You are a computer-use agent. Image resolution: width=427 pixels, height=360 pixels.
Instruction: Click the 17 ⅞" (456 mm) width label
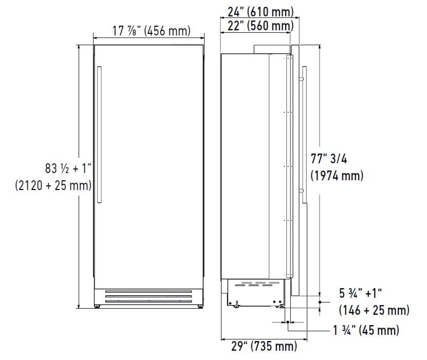pos(152,30)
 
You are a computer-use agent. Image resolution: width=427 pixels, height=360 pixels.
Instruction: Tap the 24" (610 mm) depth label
pos(261,12)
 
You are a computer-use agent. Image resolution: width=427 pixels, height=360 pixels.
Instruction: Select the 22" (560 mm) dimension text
pos(261,26)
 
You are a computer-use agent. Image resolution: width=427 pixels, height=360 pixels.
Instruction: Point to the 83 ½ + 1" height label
pos(68,168)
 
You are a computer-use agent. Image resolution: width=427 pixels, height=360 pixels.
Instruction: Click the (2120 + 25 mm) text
pos(53,185)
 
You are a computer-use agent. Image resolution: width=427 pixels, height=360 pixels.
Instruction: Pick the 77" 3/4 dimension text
pos(329,159)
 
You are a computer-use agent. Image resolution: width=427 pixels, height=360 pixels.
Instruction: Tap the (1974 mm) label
pos(337,176)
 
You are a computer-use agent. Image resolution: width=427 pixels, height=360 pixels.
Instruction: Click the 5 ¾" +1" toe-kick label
pos(360,293)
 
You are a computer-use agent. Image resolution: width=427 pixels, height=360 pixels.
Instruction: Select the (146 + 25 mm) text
pos(374,310)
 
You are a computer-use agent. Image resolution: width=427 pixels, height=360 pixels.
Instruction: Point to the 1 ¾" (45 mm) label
pos(366,330)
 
